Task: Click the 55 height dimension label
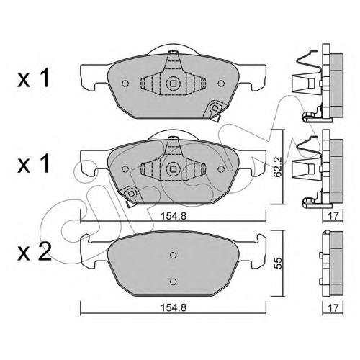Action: point(278,263)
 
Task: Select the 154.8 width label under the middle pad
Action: point(174,216)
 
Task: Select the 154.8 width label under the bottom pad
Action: point(174,308)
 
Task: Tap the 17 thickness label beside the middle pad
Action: point(333,216)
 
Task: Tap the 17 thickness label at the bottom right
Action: point(333,308)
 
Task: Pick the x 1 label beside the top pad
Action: point(34,77)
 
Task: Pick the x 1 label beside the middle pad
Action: point(34,163)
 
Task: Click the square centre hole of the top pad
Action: point(173,84)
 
